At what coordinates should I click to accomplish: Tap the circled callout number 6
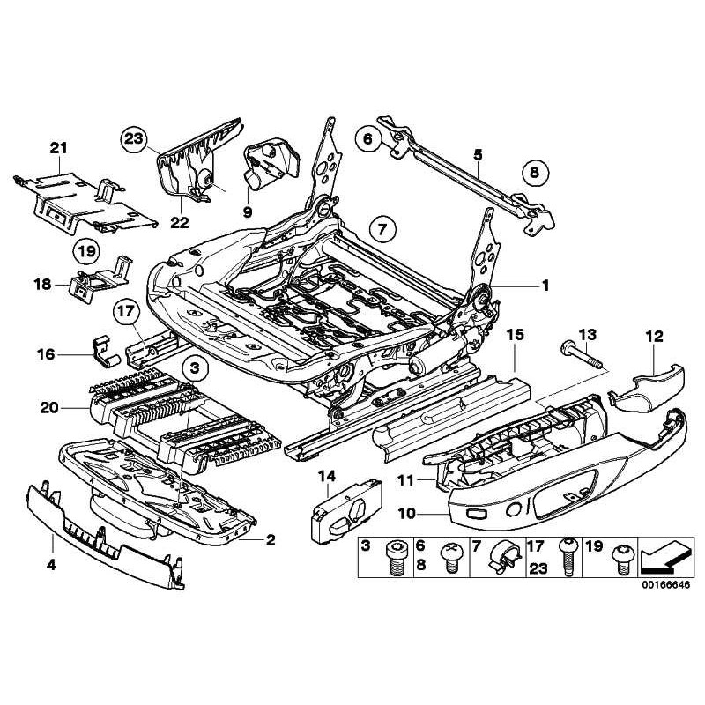[x=369, y=137]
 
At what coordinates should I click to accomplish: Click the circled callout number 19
[x=85, y=251]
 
